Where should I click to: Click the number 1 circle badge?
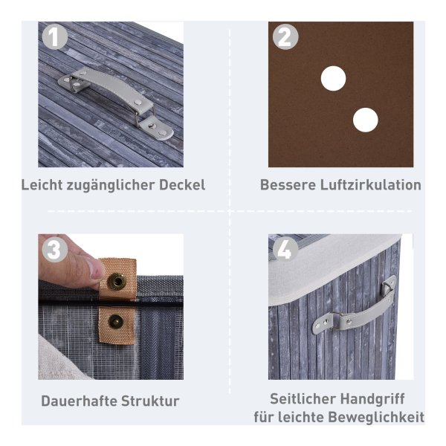55,37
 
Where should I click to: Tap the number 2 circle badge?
285,37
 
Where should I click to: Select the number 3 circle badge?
55,250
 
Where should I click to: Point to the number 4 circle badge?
285,250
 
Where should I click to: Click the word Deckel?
182,185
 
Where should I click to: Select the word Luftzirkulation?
371,185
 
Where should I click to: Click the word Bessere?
288,185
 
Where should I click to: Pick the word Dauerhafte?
79,401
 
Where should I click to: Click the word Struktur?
150,401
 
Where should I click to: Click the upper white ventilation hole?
333,79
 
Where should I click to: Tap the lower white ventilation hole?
366,120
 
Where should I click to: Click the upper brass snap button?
117,281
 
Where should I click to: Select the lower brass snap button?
116,321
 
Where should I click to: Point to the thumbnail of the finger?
95,269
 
